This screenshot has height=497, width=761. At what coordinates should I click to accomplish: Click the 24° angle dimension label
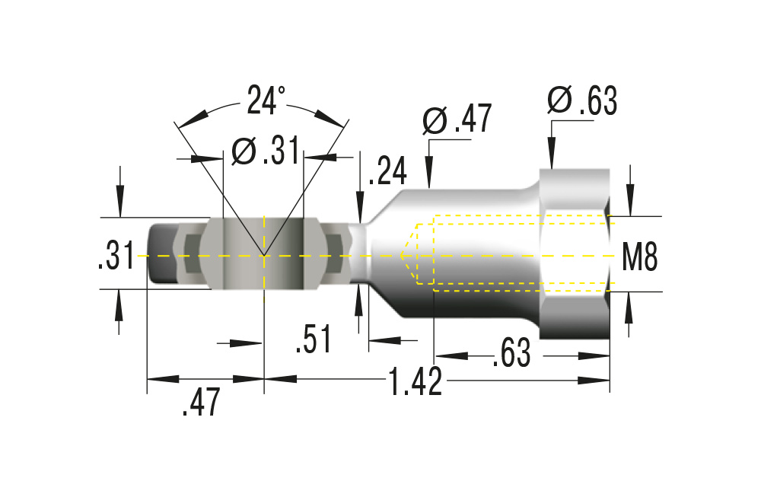coord(266,100)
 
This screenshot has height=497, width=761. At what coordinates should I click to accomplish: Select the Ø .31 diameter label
coord(266,151)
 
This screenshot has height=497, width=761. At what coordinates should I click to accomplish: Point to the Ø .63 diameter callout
coord(582,100)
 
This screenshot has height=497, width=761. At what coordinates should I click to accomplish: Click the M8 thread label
coord(640,256)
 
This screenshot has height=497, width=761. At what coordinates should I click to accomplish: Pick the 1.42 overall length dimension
coord(416,381)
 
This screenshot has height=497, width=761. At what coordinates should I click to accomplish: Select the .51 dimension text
coord(314,339)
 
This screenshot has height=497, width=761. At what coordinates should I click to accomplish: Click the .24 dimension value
coord(387,170)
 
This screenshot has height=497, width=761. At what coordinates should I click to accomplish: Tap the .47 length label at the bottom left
coord(201,402)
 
